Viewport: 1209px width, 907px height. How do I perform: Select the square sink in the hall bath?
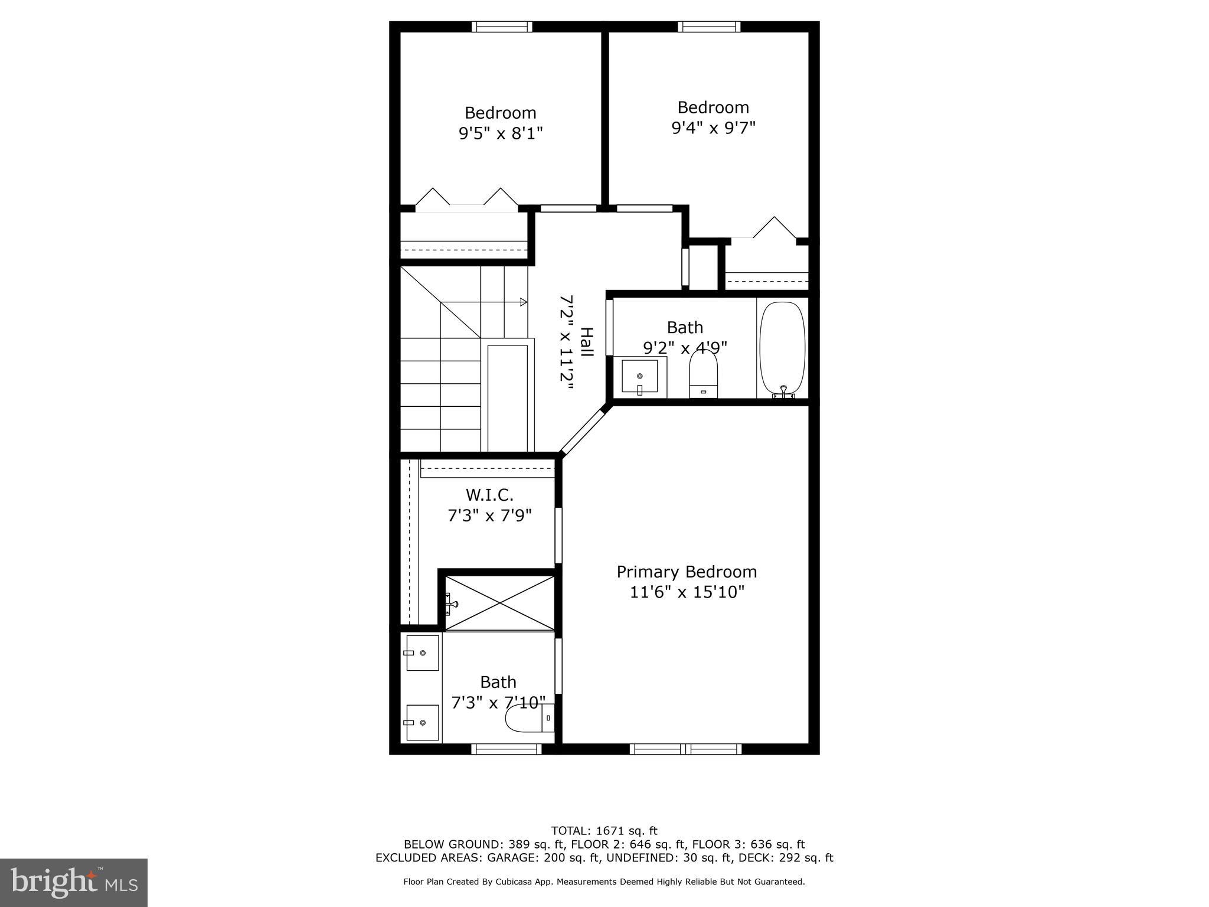click(639, 377)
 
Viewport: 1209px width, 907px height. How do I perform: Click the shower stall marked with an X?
click(499, 603)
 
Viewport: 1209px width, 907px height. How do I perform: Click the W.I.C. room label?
click(489, 494)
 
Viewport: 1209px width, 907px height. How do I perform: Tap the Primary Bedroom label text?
click(687, 572)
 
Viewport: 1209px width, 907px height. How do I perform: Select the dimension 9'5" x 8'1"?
click(501, 133)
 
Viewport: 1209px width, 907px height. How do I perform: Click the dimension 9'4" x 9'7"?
click(713, 128)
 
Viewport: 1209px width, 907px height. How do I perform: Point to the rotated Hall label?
click(586, 342)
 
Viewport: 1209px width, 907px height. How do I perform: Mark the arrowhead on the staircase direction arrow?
click(523, 302)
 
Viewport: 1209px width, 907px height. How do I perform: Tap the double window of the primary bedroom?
click(685, 749)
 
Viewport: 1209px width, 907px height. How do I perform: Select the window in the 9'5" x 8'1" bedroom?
click(502, 27)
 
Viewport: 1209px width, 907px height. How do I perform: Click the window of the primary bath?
click(506, 749)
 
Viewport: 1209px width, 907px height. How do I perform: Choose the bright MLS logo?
click(74, 882)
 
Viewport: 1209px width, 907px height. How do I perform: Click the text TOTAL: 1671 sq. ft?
click(604, 831)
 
